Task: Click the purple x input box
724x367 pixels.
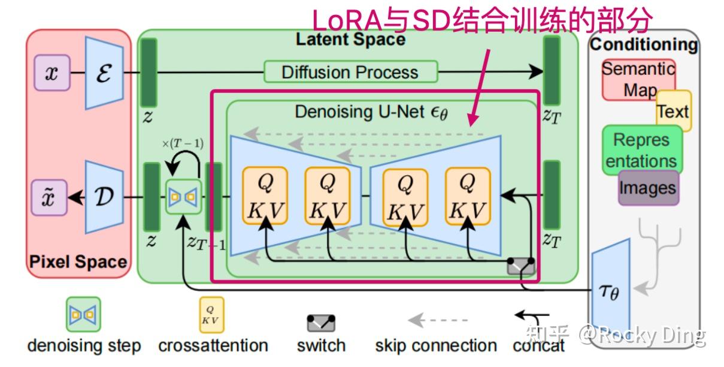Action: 52,73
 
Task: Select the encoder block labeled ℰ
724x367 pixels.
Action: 104,73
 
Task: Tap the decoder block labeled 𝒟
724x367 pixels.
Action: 104,197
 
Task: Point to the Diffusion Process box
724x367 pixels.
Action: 350,73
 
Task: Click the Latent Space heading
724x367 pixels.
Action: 350,40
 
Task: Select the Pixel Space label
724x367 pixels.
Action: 78,262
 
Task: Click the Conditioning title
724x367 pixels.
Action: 644,44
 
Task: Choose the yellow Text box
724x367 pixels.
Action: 674,112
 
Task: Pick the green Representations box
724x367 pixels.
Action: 641,150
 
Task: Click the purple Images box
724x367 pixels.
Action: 648,188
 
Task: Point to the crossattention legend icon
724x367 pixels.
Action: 211,315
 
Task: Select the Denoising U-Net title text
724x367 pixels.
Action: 371,112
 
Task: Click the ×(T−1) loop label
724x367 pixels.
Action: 182,143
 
